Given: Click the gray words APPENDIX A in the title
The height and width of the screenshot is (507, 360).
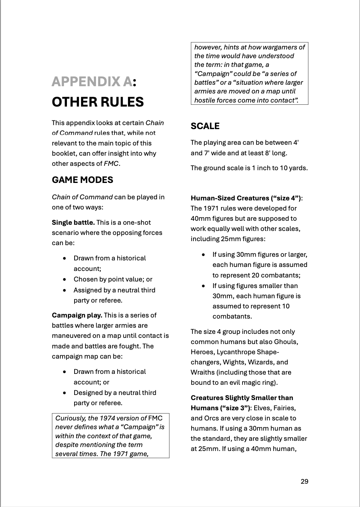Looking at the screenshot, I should tap(92, 81).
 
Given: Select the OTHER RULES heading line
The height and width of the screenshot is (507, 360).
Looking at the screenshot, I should tap(97, 102).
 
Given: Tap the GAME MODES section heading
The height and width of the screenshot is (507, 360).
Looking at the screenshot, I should tap(82, 180).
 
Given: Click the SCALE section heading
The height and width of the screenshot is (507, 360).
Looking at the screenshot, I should tap(205, 126).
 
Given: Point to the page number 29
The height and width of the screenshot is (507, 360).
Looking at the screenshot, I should tap(304, 481).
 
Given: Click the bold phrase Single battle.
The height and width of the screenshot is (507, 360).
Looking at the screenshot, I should tap(73, 222).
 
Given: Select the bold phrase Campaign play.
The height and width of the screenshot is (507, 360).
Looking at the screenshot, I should tap(77, 315).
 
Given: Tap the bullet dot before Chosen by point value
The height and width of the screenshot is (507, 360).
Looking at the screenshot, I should tap(64, 279).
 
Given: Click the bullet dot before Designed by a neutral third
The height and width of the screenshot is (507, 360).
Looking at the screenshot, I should tap(64, 393).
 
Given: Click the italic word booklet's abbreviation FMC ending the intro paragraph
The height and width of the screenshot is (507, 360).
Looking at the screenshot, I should tap(111, 164).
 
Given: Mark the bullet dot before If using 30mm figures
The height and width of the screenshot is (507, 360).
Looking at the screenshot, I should tap(203, 255).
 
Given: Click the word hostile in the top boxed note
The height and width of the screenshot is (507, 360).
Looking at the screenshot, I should tap(205, 100).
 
